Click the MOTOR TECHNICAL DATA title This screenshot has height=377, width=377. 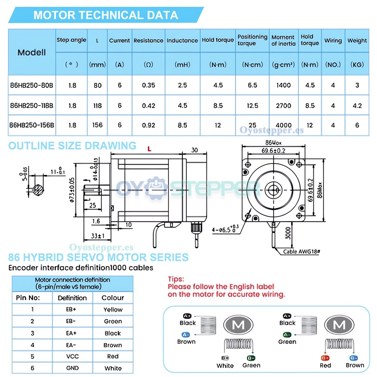point(106,15)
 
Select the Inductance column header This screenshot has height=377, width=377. point(182,40)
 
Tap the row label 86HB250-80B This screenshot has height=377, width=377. point(32,85)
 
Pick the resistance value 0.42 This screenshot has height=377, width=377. point(149,106)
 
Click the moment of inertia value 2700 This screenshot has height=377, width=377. point(284,106)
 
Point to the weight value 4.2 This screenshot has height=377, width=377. point(357,106)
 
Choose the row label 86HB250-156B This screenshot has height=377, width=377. point(32,125)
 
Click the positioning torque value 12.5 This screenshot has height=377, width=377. point(253,106)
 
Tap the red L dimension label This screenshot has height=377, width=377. point(149,149)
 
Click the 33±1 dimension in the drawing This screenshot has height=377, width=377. point(98,236)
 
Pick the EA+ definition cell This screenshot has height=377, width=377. point(72,333)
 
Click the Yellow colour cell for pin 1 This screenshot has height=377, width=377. point(113,310)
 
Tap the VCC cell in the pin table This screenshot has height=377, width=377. point(72,356)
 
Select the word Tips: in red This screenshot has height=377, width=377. point(176,279)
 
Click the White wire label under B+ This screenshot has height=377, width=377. point(225,365)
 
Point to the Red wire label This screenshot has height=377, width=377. point(325,365)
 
